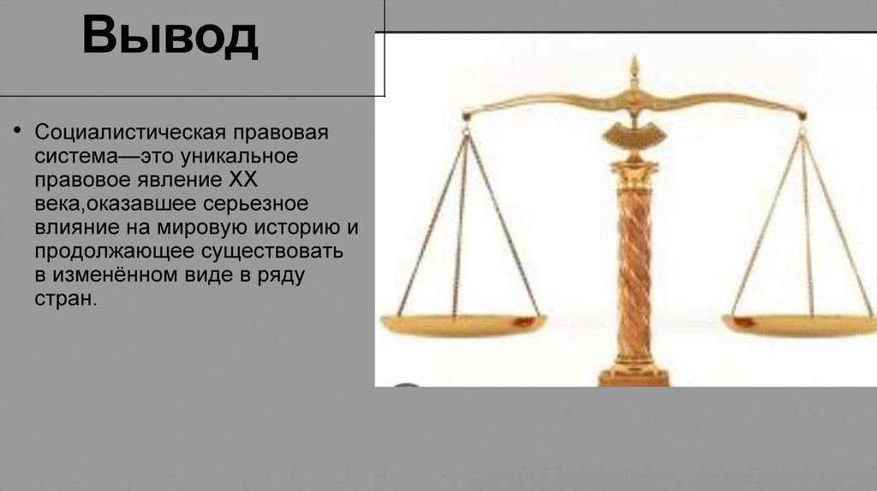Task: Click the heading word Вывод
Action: pos(170,36)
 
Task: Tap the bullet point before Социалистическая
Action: pos(17,131)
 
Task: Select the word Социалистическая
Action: pos(130,133)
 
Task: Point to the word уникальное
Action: pos(239,157)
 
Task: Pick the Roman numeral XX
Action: pos(243,180)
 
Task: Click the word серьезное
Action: pos(255,204)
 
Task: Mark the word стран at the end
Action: pos(65,299)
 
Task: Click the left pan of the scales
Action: pos(463,324)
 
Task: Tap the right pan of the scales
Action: pos(800,325)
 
